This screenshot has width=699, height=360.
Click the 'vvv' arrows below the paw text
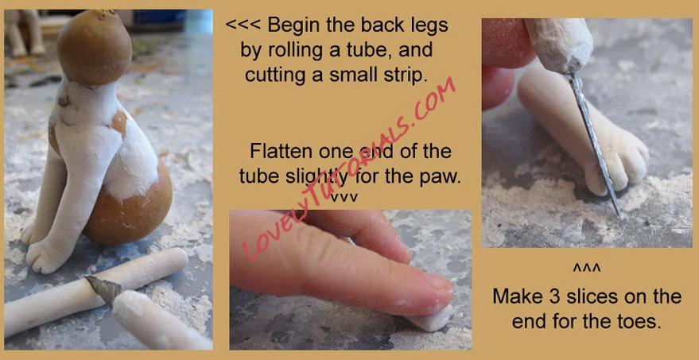[x=344, y=197]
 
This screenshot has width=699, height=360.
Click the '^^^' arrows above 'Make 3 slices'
[x=587, y=269]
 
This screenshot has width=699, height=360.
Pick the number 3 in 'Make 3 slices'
[x=546, y=296]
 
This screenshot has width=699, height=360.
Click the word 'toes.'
[x=638, y=322]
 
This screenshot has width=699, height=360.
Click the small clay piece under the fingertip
[x=430, y=320]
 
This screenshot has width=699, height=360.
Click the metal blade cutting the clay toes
[x=594, y=142]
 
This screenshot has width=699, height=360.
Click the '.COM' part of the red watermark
[x=432, y=101]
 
